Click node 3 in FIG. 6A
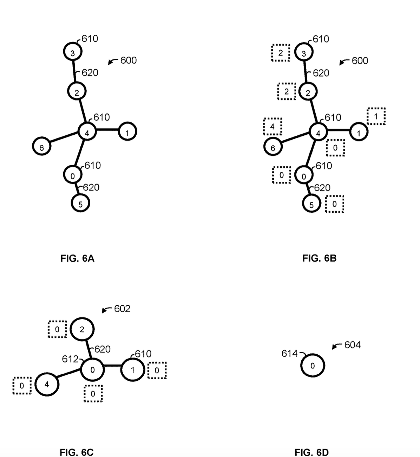73,51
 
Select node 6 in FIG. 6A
42,146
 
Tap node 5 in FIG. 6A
80,203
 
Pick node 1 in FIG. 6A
127,131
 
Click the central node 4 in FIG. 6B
318,132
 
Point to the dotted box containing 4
273,127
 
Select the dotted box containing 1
376,116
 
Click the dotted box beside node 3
281,53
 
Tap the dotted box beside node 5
335,204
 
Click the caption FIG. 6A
77,259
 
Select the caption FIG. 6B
319,258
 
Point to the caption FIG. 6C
77,452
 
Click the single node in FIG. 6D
313,366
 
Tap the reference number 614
290,354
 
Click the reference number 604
352,345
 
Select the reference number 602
122,309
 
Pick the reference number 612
70,359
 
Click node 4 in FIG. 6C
47,385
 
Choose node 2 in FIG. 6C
82,329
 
